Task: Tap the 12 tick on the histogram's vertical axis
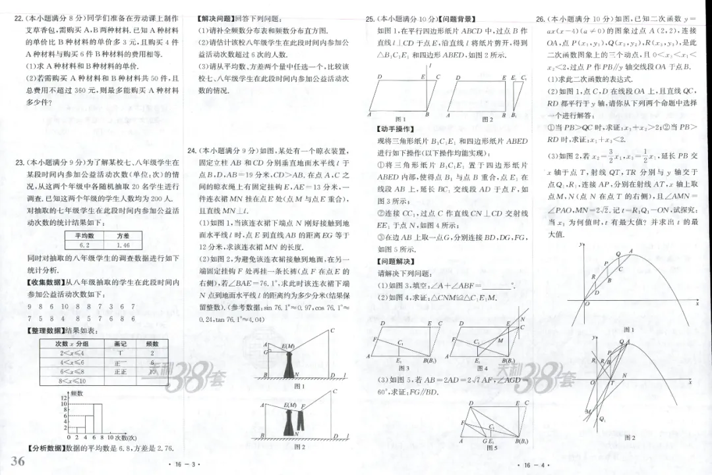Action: coord(64,399)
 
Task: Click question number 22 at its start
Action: coord(18,18)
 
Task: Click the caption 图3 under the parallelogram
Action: coord(403,368)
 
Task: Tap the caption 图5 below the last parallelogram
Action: coord(491,448)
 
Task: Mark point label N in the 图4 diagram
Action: coord(523,319)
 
